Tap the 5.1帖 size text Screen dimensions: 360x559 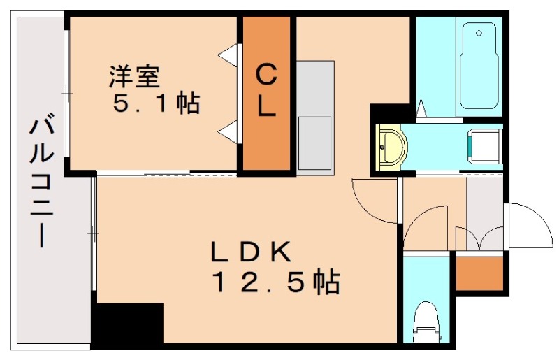(x=157, y=103)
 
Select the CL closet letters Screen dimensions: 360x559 (x=266, y=89)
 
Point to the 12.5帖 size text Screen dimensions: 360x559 (x=275, y=282)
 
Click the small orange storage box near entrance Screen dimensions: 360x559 (x=479, y=273)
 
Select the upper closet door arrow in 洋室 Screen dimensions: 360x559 (x=228, y=53)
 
